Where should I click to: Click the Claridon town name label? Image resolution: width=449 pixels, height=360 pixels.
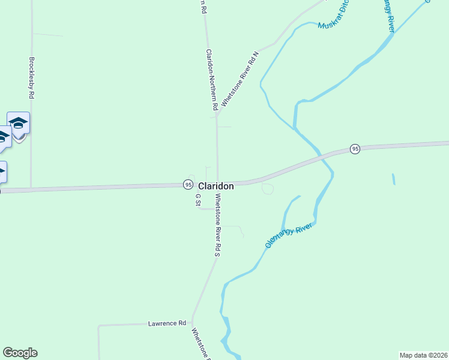coord(215,186)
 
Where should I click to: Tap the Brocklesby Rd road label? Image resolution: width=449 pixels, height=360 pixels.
coord(31,78)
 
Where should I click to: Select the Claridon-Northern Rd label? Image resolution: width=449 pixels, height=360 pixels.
coord(211,80)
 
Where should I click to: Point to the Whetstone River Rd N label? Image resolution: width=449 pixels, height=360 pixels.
coord(240,79)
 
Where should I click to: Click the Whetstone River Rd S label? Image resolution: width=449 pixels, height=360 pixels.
coord(218,226)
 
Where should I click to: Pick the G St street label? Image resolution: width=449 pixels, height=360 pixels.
coord(197,200)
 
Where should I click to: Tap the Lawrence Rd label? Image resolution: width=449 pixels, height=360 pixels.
coord(167,323)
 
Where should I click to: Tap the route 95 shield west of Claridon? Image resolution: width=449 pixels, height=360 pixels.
coord(188,184)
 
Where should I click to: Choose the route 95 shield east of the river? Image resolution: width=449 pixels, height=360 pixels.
coord(355,149)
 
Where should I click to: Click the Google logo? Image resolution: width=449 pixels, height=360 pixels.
coord(20,353)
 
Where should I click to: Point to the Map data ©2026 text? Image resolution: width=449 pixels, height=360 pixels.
coord(423,355)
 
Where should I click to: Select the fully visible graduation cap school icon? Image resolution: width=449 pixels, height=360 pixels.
coord(19,124)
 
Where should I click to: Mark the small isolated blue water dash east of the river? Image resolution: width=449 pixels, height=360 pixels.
coord(394,179)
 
